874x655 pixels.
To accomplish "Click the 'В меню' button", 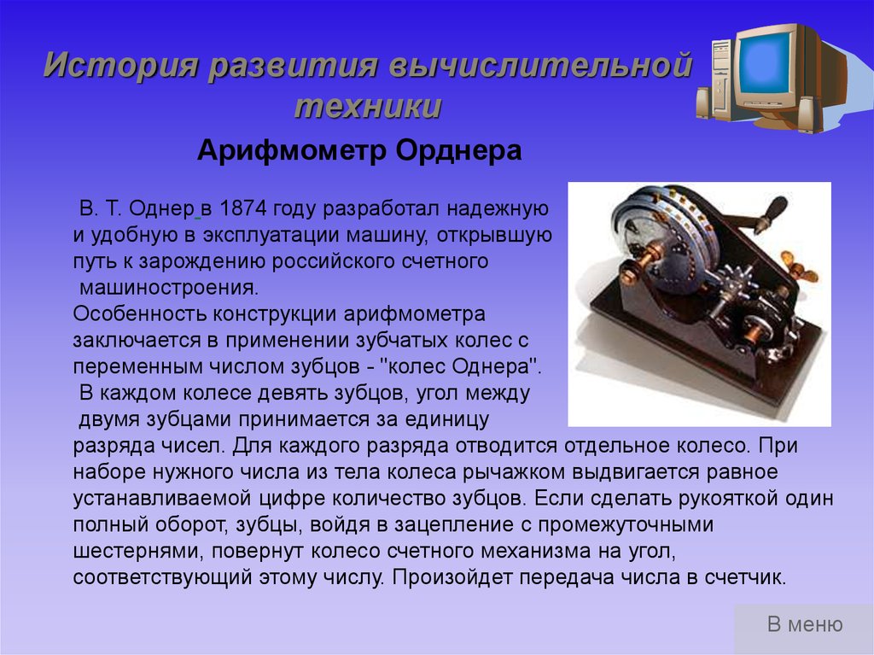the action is point(804,624).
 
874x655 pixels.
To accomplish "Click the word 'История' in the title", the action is point(121,65).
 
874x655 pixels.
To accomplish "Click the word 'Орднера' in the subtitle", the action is point(458,150).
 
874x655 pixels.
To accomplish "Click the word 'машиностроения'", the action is point(169,288).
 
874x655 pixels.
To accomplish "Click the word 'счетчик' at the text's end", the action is point(744,577).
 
